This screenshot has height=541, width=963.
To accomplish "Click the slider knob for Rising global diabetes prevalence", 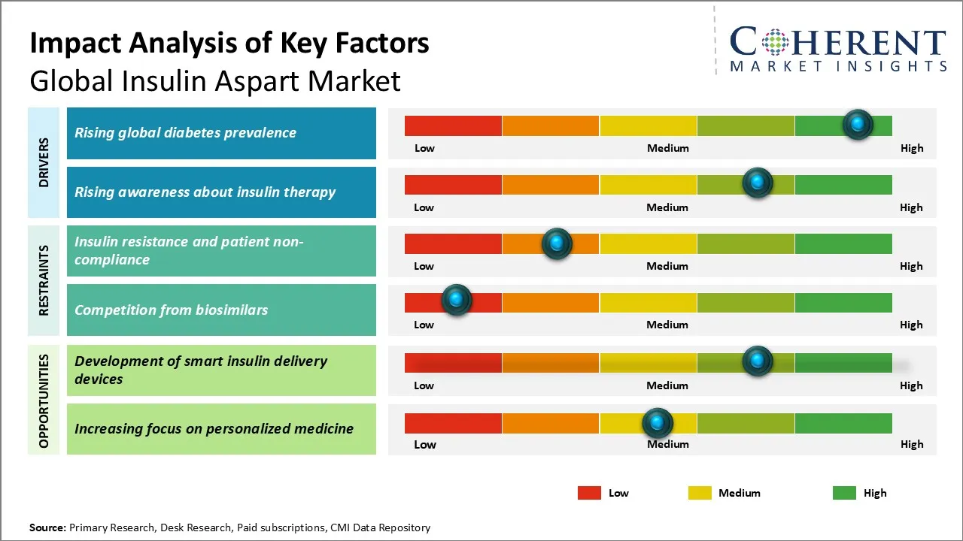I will point(858,125).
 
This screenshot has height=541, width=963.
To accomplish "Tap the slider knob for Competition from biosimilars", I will point(456,300).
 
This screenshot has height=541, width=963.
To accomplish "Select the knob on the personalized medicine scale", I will point(658,424).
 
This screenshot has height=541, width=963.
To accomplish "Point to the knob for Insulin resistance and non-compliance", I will point(557,243).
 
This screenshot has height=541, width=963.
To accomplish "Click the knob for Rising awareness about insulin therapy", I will point(758,183).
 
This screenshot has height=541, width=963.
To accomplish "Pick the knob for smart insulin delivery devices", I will point(758,361).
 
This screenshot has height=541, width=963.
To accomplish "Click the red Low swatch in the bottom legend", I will point(589,493).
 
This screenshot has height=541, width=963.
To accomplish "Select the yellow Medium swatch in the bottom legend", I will point(700,493).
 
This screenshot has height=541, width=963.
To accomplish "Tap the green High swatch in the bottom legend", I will point(844,493).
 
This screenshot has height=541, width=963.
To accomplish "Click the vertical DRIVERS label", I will point(44,162).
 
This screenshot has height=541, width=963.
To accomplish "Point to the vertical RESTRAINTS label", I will point(44,280).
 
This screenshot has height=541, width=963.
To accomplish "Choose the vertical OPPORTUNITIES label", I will point(44,400).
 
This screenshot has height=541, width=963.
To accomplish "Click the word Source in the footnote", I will point(47,527).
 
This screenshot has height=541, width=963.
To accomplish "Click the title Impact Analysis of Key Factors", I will point(229,44).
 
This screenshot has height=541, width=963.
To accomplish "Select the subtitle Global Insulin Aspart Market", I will point(215,81).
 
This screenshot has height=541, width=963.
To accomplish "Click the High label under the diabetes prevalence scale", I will point(912,148).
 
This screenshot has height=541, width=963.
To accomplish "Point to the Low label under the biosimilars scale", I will point(424,325).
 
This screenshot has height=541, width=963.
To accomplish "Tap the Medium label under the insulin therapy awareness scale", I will point(667,207).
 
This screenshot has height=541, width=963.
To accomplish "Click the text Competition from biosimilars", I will point(171,310).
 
